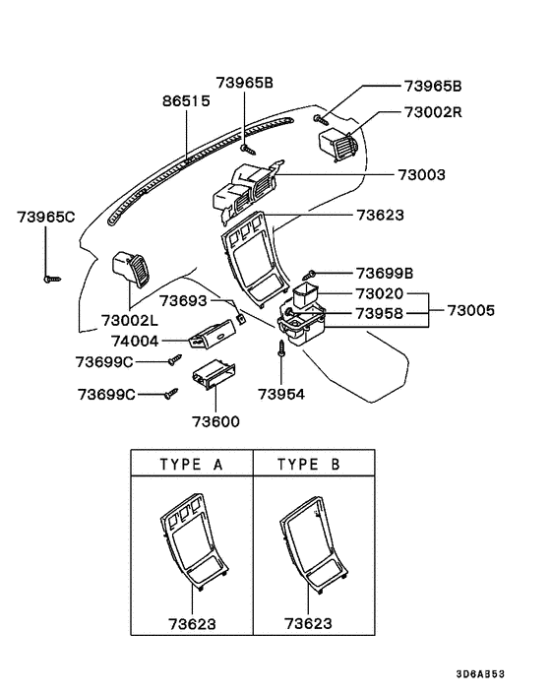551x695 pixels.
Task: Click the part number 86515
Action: [186, 101]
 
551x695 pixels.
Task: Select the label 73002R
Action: [433, 112]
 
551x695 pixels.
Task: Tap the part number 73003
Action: [422, 174]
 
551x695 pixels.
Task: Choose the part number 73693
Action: [183, 299]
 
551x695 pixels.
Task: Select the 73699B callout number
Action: [385, 273]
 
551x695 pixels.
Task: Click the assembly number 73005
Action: [471, 311]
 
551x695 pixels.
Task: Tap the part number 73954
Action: [282, 394]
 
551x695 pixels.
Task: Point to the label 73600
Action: [214, 421]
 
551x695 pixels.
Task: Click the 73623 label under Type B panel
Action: [308, 624]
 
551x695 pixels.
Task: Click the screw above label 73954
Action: [282, 347]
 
